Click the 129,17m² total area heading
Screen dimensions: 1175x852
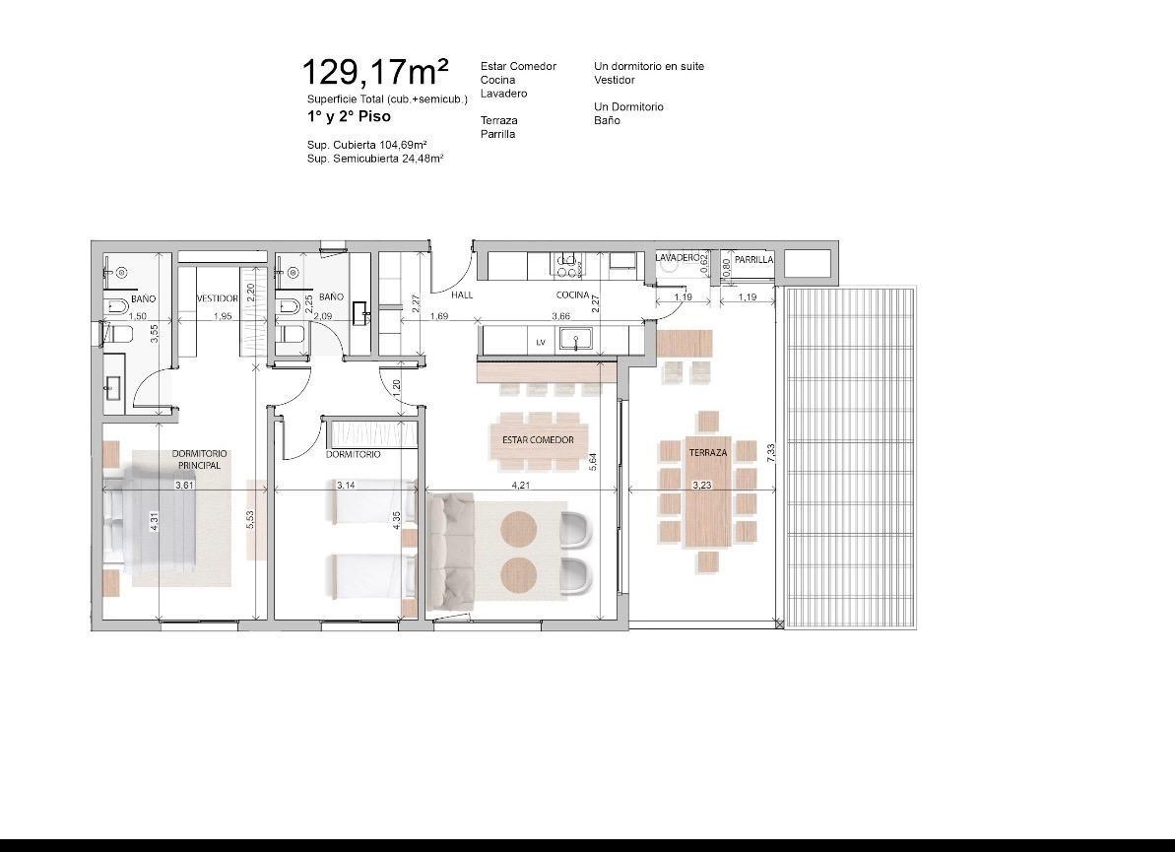(x=375, y=72)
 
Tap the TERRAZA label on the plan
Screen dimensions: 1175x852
(x=708, y=453)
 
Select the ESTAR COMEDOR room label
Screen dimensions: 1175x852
(x=538, y=440)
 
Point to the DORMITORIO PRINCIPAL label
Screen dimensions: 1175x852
(x=199, y=459)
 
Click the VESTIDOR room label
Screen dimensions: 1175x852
(x=218, y=298)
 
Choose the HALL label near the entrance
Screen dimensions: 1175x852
(x=462, y=295)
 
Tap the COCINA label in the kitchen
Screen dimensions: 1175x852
(x=572, y=295)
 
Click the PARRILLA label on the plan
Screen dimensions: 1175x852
(x=753, y=259)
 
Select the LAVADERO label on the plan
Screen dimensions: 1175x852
(x=678, y=257)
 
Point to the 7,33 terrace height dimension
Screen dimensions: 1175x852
(x=771, y=453)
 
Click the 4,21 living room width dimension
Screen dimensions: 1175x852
(x=521, y=485)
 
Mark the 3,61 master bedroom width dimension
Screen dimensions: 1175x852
(x=184, y=485)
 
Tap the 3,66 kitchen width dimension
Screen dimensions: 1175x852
(x=560, y=316)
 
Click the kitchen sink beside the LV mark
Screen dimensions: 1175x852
(x=575, y=340)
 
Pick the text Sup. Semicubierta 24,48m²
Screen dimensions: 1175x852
(x=374, y=159)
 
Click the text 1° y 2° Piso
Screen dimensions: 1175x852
(x=349, y=117)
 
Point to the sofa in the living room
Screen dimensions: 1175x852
(x=451, y=550)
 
